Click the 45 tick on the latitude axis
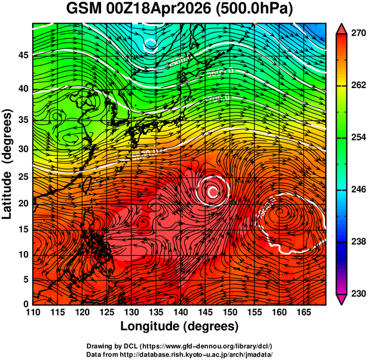pos(22,55)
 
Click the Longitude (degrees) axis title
pos(180,326)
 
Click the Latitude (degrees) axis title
pos(8,164)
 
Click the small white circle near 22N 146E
pos(213,192)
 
